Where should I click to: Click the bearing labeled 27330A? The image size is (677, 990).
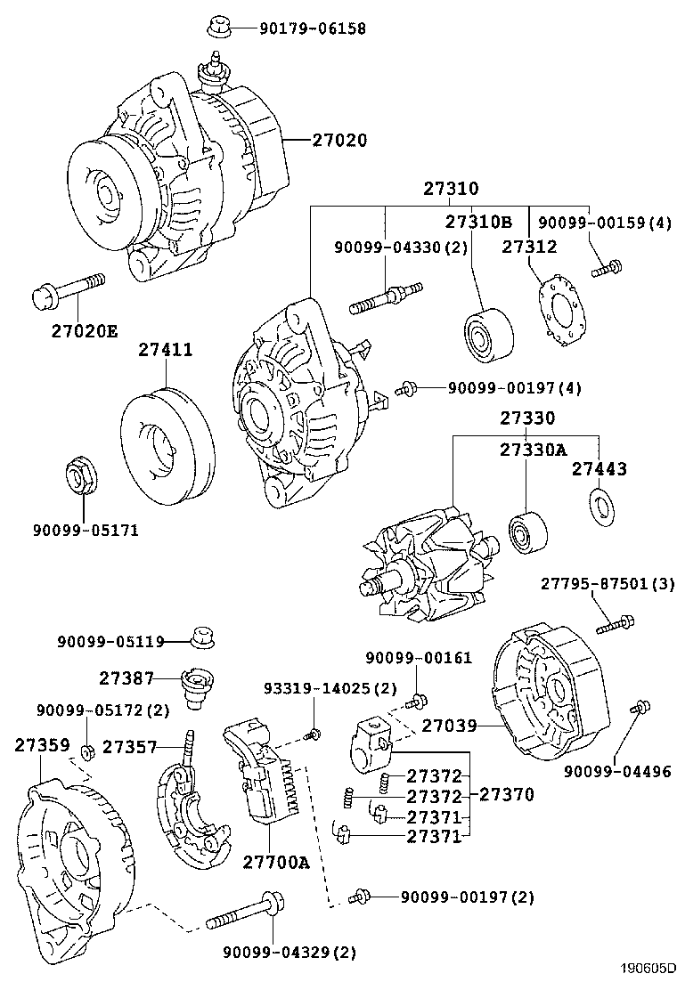pos(526,533)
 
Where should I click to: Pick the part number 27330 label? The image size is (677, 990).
pos(526,418)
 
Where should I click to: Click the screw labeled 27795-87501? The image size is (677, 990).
pos(615,626)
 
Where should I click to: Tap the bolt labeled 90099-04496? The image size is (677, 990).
pos(638,710)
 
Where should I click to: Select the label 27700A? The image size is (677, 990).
pos(275,862)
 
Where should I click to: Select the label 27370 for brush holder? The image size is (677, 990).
pos(508,794)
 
